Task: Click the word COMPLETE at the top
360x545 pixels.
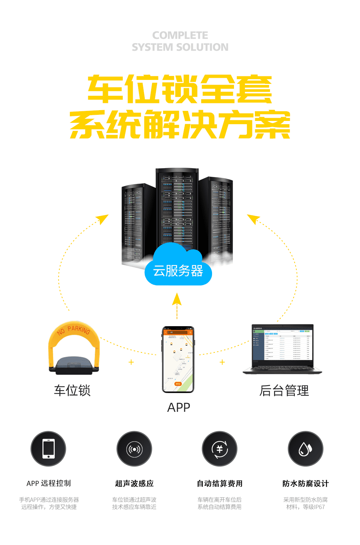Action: [180, 35]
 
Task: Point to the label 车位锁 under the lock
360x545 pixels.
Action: [72, 391]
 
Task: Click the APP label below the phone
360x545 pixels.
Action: [179, 407]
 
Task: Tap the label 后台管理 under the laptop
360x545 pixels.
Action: [284, 391]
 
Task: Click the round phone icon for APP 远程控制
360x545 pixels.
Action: [48, 449]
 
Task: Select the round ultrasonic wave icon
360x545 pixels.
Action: [134, 449]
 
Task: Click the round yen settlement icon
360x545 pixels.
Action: [220, 449]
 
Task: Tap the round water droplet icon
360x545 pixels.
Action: [305, 449]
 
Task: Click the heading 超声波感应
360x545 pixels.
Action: [134, 483]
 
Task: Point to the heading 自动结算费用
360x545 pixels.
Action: [220, 483]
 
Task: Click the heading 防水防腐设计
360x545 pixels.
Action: [305, 483]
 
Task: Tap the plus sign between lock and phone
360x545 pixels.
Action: [131, 362]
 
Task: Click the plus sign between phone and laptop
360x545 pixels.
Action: [222, 362]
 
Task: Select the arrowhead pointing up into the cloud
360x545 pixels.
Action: [177, 299]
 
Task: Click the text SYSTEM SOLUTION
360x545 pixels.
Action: [180, 47]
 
